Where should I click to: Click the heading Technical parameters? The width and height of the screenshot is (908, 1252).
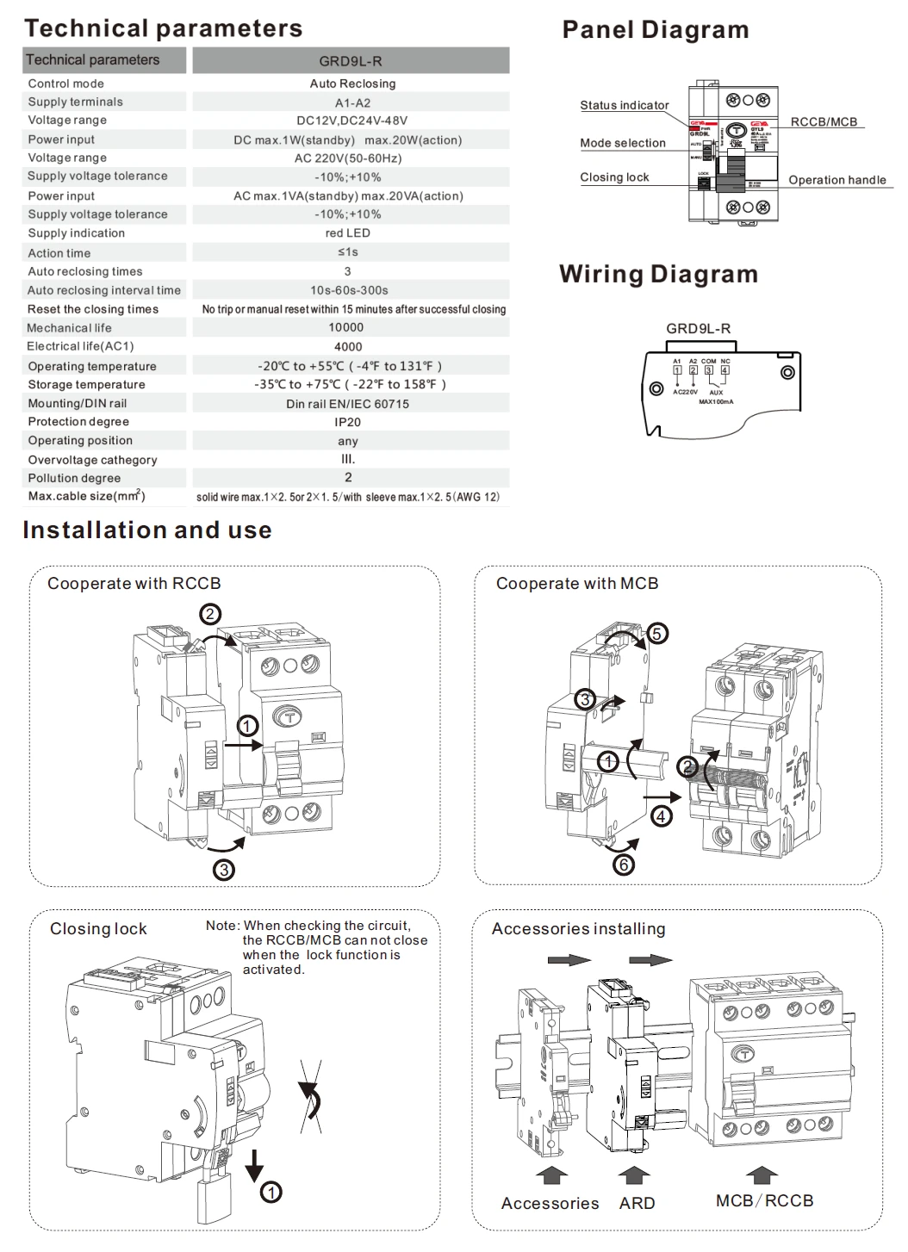click(x=163, y=28)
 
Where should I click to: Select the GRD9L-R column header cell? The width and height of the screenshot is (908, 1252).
click(x=351, y=61)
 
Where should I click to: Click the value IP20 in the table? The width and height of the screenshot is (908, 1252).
click(x=347, y=422)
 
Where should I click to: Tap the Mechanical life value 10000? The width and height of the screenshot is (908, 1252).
click(x=346, y=327)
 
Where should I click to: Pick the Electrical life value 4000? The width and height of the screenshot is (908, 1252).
click(x=348, y=346)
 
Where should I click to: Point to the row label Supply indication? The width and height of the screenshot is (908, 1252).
click(x=76, y=233)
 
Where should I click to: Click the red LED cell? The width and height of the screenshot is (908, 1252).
click(x=348, y=233)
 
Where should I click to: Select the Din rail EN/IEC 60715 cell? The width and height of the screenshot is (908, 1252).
click(x=348, y=404)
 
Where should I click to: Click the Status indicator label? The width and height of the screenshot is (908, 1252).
click(x=624, y=105)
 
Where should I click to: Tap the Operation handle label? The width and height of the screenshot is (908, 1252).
click(x=836, y=180)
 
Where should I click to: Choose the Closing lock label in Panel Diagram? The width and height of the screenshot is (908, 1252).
click(x=614, y=177)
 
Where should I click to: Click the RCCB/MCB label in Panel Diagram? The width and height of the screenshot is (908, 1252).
click(x=824, y=122)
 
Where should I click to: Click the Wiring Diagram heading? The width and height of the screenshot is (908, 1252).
click(x=658, y=274)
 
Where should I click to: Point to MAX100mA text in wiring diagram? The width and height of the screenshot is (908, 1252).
click(x=716, y=402)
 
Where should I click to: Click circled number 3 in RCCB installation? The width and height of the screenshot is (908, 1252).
click(x=224, y=870)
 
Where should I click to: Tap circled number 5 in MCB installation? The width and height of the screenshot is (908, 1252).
click(x=656, y=634)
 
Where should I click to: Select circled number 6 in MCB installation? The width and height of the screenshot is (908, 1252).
click(x=623, y=864)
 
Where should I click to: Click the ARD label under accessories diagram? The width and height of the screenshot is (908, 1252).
click(x=637, y=1203)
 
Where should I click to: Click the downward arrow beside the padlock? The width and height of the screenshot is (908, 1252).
click(x=254, y=1165)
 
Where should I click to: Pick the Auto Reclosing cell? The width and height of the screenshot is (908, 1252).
click(x=352, y=84)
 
